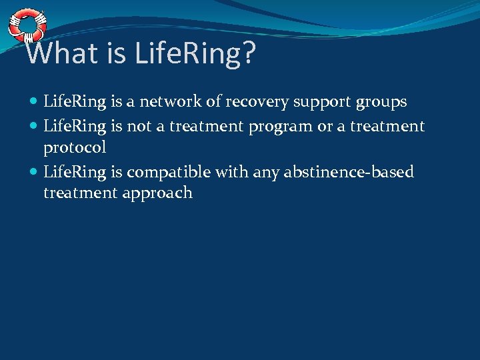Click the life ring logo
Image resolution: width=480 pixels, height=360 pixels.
coord(27,26)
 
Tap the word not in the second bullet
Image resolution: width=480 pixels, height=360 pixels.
coord(139,125)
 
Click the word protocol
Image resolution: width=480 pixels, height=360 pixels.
coord(75,147)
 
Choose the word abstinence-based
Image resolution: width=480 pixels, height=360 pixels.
coord(349,172)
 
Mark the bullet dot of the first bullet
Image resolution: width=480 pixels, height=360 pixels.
coord(34,103)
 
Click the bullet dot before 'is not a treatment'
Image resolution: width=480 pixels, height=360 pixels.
coord(34,126)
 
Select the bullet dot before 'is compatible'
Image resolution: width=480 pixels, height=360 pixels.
coord(34,173)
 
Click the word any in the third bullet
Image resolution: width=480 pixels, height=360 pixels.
coord(267,173)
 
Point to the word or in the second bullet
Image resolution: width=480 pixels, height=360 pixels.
coord(325,125)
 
